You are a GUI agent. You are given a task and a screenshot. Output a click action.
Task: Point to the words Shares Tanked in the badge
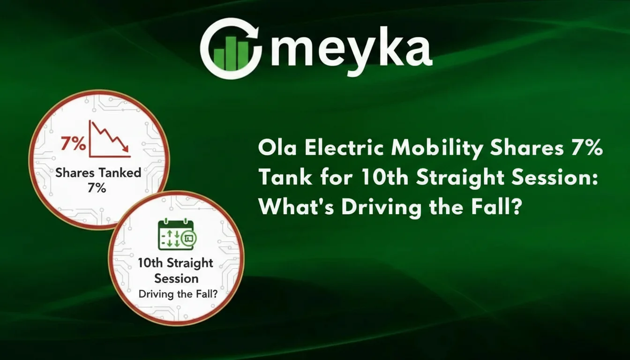(x=98, y=172)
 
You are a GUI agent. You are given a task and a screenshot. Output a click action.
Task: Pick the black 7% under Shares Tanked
(x=97, y=188)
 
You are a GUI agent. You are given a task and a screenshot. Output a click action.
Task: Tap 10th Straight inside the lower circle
(x=176, y=263)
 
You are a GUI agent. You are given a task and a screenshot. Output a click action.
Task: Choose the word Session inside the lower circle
(x=176, y=278)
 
